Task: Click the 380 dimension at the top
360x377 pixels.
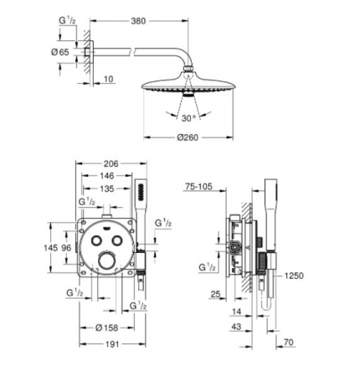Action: pyautogui.click(x=138, y=21)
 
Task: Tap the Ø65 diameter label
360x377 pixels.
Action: pyautogui.click(x=60, y=52)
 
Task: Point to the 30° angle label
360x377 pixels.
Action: pyautogui.click(x=188, y=118)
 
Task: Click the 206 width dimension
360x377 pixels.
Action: pyautogui.click(x=111, y=163)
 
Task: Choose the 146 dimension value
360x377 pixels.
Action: pyautogui.click(x=107, y=176)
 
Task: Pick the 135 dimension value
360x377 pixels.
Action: pyautogui.click(x=107, y=188)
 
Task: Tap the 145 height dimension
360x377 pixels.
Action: pyautogui.click(x=51, y=247)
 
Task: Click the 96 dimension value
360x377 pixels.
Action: pyautogui.click(x=66, y=247)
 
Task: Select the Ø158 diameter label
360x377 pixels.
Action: pyautogui.click(x=106, y=328)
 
